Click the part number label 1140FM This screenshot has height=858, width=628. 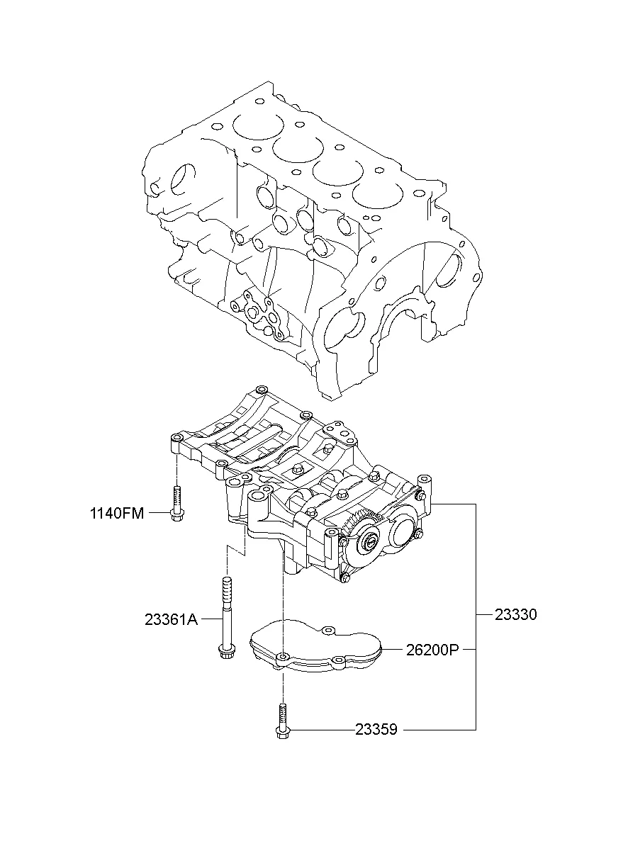point(117,513)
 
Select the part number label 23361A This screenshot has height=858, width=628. point(172,619)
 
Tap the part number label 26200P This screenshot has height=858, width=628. point(432,650)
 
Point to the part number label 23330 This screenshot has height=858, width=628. point(516,614)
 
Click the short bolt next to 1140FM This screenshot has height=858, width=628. point(176,503)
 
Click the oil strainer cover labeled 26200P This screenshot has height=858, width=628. point(316,646)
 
